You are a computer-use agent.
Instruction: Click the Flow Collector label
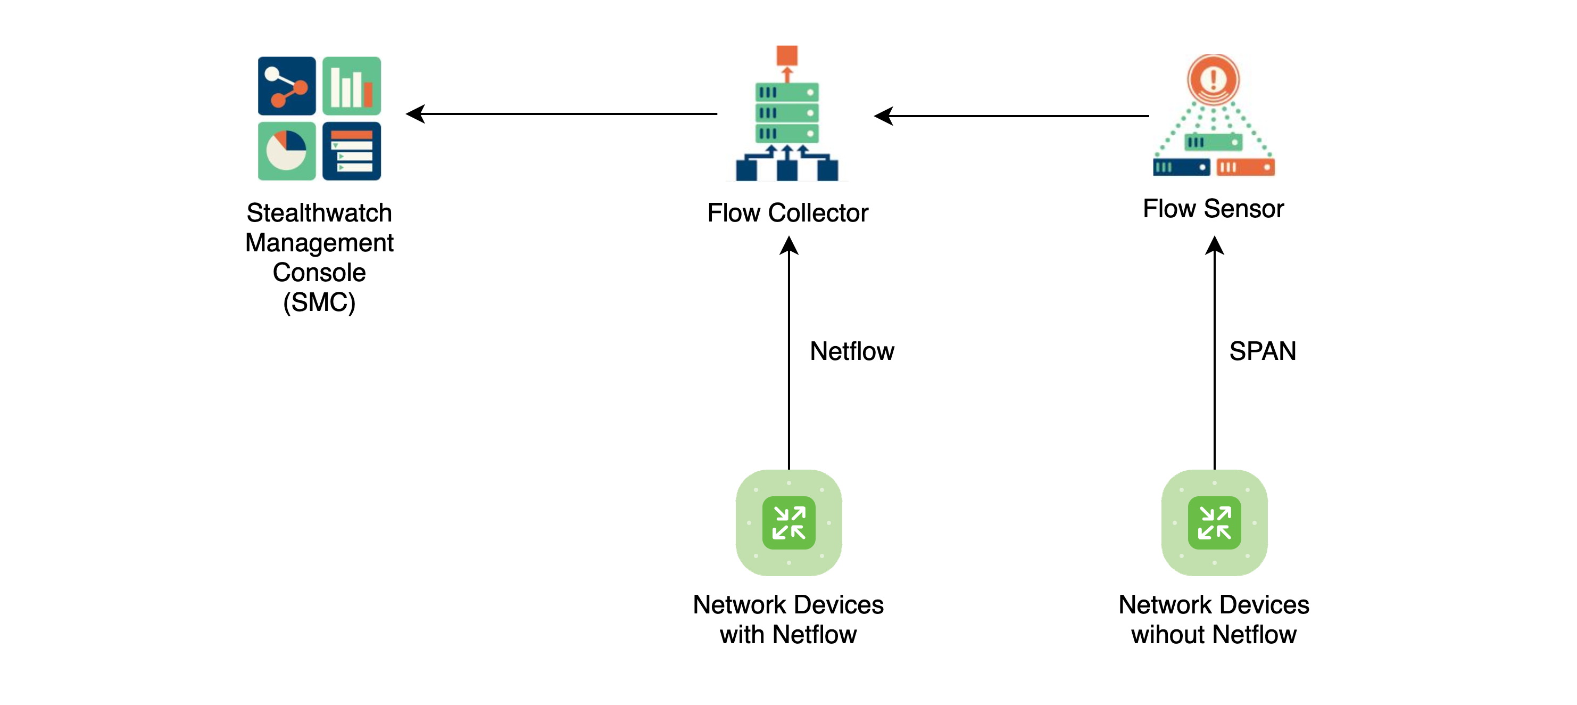coord(787,213)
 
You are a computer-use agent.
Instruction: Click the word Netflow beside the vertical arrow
coord(852,351)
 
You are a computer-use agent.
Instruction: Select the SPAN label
coord(1263,351)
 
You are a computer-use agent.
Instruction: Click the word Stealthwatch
coord(319,213)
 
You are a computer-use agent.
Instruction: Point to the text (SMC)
coord(319,302)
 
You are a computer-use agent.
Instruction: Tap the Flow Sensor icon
coord(1214,117)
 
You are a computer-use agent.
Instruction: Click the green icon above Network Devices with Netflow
coord(788,522)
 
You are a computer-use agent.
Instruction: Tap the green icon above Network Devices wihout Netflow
coord(1214,522)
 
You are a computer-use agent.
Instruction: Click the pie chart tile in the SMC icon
coord(286,151)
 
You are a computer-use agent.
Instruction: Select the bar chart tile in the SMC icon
coord(351,86)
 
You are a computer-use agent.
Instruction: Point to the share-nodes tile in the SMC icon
coord(286,86)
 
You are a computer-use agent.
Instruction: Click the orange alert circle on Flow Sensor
coord(1214,78)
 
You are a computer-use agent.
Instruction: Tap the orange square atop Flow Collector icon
coord(787,55)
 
